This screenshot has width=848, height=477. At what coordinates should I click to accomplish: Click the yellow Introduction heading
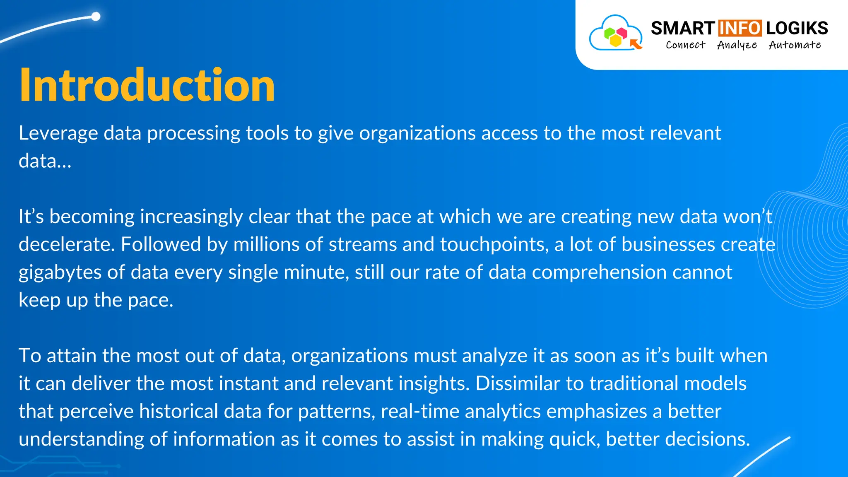(x=147, y=85)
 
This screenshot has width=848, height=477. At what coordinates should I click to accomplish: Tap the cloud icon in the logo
(x=615, y=34)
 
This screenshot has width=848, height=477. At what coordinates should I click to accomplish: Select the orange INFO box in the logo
(x=740, y=28)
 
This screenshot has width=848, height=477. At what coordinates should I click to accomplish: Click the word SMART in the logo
(x=682, y=28)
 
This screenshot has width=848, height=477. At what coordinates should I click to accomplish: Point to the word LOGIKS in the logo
(x=797, y=28)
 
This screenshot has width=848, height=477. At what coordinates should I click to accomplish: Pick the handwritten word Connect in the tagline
(x=685, y=45)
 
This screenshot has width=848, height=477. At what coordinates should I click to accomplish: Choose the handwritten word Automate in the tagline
(x=795, y=45)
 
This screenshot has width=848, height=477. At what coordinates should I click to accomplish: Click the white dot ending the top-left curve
(x=96, y=17)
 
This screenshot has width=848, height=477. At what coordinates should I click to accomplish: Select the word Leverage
(x=58, y=133)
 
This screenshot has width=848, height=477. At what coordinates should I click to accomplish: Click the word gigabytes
(x=60, y=272)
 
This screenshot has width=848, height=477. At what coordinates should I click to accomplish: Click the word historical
(x=178, y=412)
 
